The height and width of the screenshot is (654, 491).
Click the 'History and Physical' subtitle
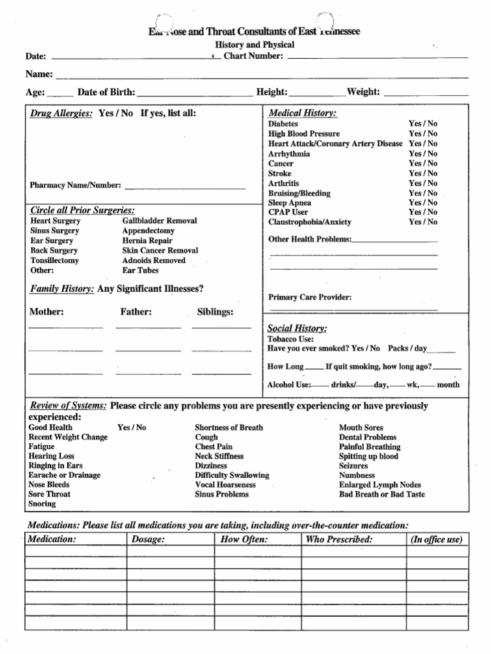coord(254,45)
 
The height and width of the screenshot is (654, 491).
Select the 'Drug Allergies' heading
coord(62,113)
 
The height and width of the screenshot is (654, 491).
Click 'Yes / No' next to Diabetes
coord(423,123)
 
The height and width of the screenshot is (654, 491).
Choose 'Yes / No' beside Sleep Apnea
coord(423,202)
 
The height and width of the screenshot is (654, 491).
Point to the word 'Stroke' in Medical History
coord(280,173)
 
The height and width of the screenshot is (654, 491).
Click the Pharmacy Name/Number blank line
coord(185,188)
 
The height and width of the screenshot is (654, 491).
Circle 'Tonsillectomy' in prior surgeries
coord(54,261)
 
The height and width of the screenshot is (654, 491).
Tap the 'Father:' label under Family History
coord(136,312)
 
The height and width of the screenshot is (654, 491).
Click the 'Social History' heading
coord(297,328)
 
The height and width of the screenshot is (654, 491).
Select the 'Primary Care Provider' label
coord(310,297)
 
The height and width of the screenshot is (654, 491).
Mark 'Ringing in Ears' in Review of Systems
coord(55,466)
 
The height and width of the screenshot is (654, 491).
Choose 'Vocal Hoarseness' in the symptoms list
coord(226,485)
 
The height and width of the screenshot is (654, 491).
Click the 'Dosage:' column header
coord(148,540)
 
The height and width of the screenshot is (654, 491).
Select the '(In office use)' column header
coord(436,540)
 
